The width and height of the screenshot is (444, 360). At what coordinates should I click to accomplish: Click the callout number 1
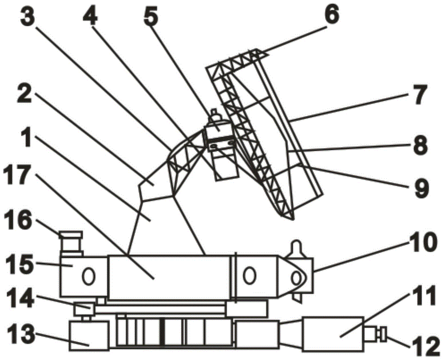(x=28, y=137)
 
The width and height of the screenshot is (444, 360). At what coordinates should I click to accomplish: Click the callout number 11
(x=421, y=296)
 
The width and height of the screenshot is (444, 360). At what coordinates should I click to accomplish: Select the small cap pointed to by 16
(x=71, y=234)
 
